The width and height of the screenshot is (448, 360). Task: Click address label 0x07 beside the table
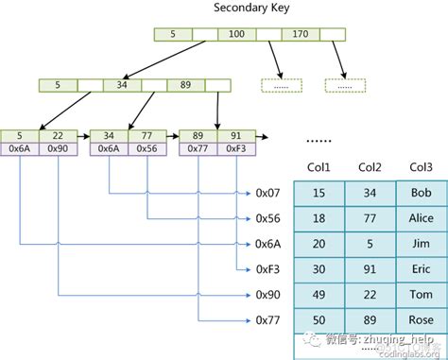[269, 193]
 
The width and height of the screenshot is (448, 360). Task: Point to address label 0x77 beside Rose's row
[269, 320]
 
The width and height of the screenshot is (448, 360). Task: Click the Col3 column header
[421, 167]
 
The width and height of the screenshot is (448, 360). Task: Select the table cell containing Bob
[421, 193]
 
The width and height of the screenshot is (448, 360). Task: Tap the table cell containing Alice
[421, 218]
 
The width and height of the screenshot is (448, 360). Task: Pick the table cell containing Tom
[421, 295]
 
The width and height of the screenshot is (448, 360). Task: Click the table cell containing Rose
[421, 320]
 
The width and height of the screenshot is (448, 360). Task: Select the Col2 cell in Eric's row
[370, 269]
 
